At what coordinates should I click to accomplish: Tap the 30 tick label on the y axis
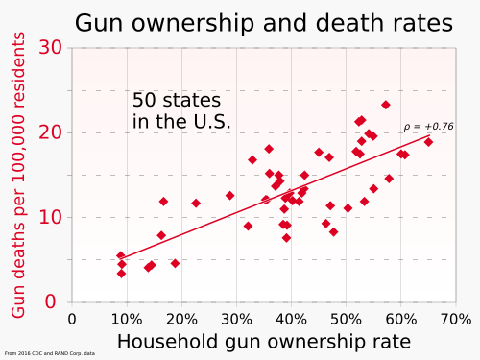pos(53,48)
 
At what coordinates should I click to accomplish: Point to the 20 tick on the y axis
pos(53,132)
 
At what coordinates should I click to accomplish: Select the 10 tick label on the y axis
pos(53,217)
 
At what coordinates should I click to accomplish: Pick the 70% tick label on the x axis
pos(455,319)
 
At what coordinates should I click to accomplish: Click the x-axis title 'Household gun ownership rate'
pos(263,341)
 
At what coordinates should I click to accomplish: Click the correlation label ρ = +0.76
pos(428,126)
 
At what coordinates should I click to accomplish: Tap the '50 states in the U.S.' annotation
pos(181,110)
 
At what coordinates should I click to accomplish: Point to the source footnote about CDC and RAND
pos(50,353)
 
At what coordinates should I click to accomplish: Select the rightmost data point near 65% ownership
pos(428,142)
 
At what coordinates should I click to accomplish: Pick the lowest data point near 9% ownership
pos(121,274)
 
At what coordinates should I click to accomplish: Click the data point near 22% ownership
pos(196,204)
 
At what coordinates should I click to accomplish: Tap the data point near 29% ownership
pos(229,196)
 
